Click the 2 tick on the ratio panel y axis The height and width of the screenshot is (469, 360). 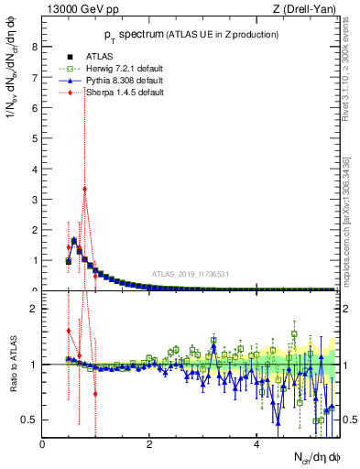tap(36, 309)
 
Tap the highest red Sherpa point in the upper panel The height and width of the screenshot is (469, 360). tap(84, 190)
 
